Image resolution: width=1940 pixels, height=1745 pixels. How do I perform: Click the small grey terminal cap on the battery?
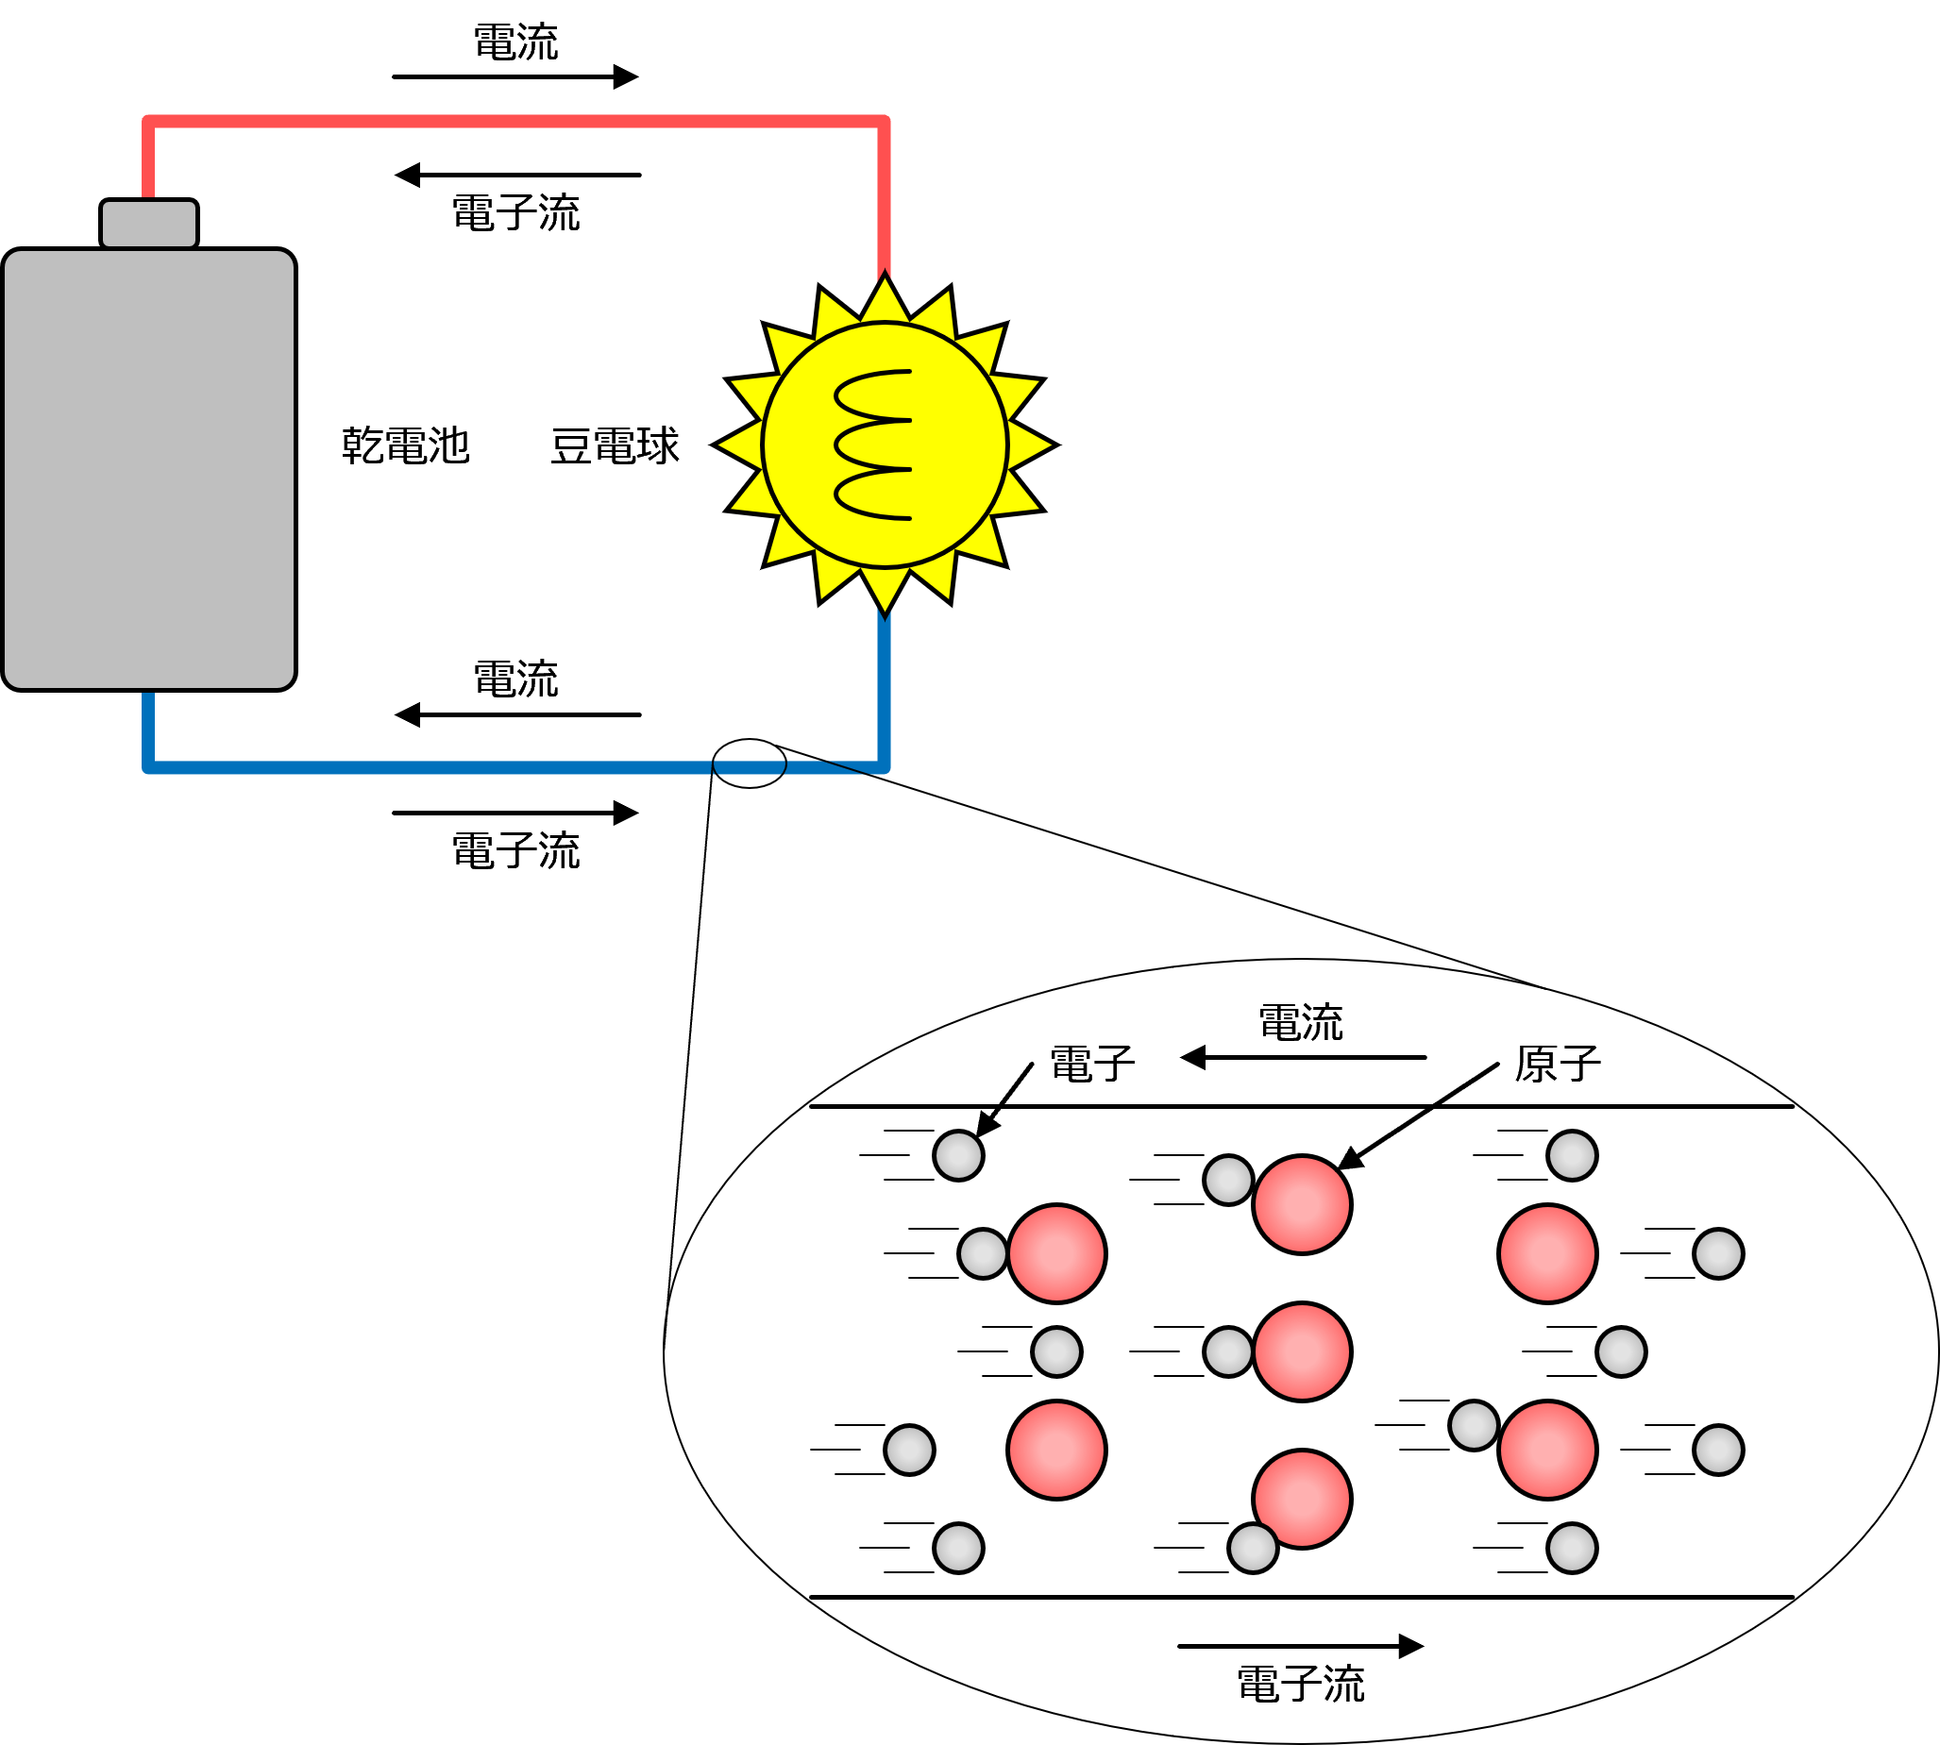(x=148, y=224)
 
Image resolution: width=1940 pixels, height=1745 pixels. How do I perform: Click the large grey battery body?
(x=148, y=469)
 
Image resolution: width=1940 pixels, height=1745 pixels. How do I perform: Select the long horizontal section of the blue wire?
(x=431, y=767)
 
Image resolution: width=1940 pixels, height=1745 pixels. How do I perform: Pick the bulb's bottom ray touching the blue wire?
(x=885, y=589)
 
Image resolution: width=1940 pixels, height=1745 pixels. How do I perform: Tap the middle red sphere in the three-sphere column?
(x=1301, y=1351)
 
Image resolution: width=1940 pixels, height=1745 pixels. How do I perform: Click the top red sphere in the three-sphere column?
(x=1301, y=1204)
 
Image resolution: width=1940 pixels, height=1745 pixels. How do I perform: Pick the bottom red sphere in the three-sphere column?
(x=1301, y=1499)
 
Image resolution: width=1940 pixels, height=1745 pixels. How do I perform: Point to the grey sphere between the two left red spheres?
(x=1055, y=1351)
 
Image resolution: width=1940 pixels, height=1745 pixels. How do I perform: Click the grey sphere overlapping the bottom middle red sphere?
(x=1253, y=1548)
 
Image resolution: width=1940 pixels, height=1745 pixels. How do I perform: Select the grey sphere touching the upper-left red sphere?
(x=983, y=1253)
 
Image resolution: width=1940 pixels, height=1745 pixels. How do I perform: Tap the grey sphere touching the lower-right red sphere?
(x=1474, y=1426)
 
